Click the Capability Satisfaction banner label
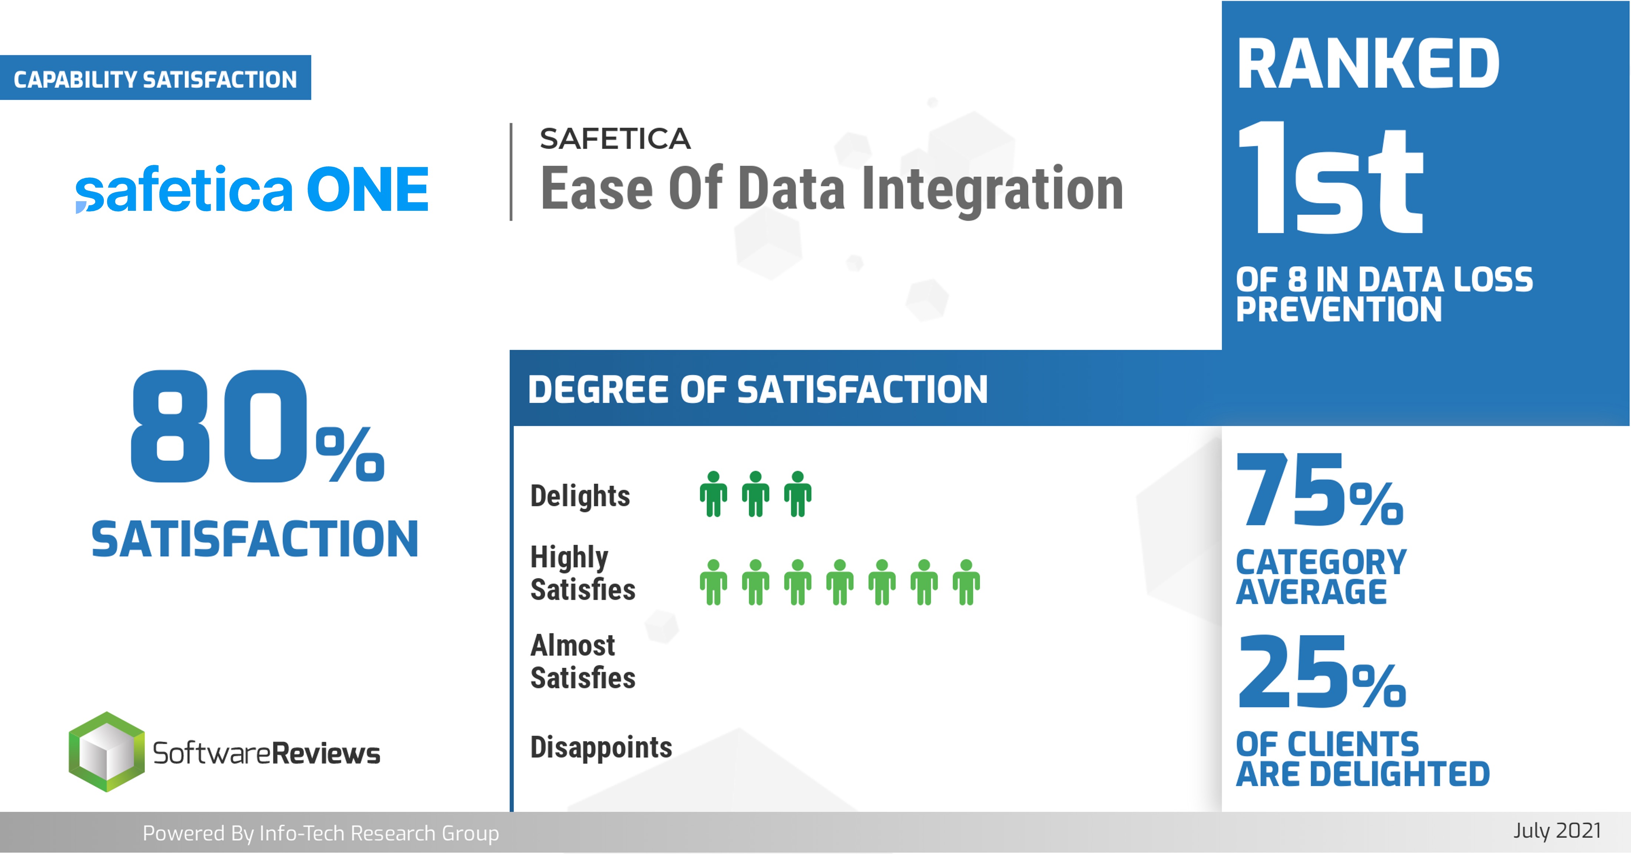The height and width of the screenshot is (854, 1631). (x=155, y=79)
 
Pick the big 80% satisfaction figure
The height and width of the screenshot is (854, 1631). (x=257, y=427)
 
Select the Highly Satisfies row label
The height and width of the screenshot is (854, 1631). (x=582, y=573)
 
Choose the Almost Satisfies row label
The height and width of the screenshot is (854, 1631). (x=582, y=662)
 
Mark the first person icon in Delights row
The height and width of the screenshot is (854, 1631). (x=714, y=494)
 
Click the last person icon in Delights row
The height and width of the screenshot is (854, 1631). (x=798, y=494)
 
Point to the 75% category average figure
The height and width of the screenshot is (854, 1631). (x=1320, y=491)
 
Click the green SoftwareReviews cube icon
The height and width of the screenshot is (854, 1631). (x=106, y=752)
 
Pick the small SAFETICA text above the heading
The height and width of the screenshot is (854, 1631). (x=615, y=139)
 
